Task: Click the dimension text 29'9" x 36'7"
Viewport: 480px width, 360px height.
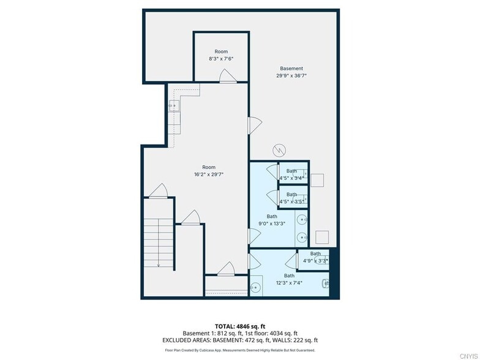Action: [x=291, y=77]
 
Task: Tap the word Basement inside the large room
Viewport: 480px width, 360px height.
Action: [x=291, y=69]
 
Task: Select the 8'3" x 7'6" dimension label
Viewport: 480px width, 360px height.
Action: [x=221, y=59]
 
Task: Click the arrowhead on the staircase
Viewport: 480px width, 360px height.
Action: [x=159, y=265]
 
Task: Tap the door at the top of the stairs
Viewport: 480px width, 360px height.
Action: [x=158, y=191]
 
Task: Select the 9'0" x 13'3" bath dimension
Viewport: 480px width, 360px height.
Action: [x=272, y=223]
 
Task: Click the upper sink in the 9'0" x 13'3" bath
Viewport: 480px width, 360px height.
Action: [x=301, y=220]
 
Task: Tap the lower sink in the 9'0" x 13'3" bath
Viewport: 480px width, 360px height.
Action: [x=301, y=236]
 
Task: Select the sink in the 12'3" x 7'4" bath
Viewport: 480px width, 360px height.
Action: [x=255, y=287]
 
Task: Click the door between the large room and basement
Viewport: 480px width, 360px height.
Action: [x=254, y=125]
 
